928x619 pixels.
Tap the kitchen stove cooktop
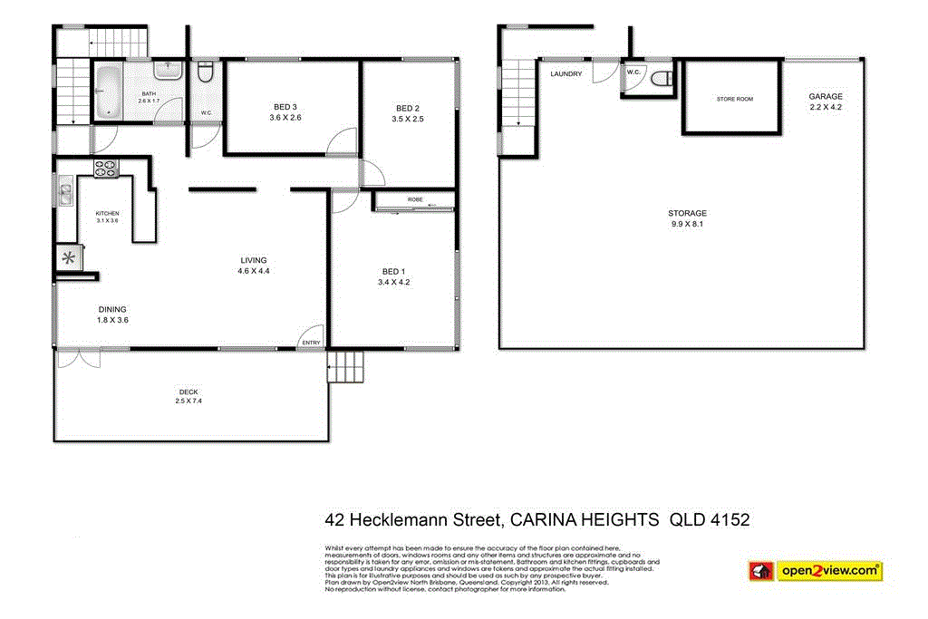pyautogui.click(x=106, y=168)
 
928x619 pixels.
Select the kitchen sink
pyautogui.click(x=65, y=193)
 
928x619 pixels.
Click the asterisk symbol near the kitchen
pyautogui.click(x=69, y=257)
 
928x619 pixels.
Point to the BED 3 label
pyautogui.click(x=285, y=105)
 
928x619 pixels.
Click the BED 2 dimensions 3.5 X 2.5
pyautogui.click(x=408, y=119)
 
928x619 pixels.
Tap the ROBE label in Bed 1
pyautogui.click(x=415, y=198)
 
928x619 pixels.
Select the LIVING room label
pyautogui.click(x=254, y=260)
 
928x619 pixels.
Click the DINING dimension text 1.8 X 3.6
pyautogui.click(x=113, y=320)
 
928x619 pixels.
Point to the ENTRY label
pyautogui.click(x=311, y=342)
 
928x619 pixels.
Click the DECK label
pyautogui.click(x=188, y=392)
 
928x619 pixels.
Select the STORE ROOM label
pyautogui.click(x=734, y=99)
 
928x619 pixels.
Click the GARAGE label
pyautogui.click(x=826, y=96)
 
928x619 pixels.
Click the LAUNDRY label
pyautogui.click(x=565, y=73)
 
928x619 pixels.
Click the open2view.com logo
pyautogui.click(x=815, y=571)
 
